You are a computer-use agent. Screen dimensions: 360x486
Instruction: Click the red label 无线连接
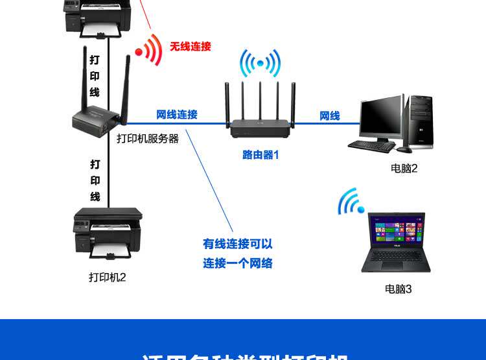(191, 47)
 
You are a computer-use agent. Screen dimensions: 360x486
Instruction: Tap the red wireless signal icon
(149, 50)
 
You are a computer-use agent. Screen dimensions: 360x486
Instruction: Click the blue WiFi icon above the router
(260, 63)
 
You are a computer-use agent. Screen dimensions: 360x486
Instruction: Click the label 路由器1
(260, 155)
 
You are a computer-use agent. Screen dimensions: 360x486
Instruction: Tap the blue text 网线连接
(176, 115)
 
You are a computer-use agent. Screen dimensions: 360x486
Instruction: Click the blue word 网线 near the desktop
(329, 116)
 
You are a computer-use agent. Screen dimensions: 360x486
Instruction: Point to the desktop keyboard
(371, 146)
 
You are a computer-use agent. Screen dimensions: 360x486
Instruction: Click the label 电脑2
(404, 169)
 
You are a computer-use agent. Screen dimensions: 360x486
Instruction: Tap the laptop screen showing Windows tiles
(396, 230)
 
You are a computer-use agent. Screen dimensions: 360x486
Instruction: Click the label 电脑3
(398, 289)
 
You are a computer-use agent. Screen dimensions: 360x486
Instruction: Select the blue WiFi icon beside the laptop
(351, 202)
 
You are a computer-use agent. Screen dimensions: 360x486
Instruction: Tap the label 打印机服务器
(148, 138)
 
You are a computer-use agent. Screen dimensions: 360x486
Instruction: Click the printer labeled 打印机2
(108, 232)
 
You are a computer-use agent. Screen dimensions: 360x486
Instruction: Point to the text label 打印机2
(107, 278)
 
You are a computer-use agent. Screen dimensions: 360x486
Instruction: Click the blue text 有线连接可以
(237, 244)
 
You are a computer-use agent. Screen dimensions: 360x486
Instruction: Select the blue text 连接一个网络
(237, 263)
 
